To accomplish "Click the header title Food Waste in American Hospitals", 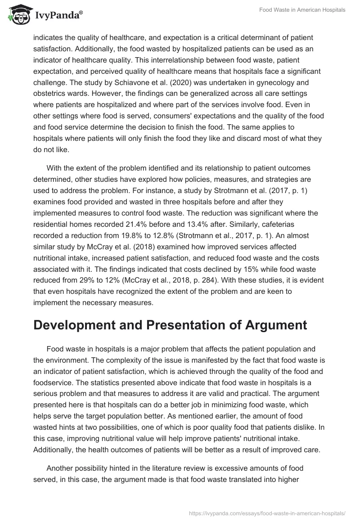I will pyautogui.click(x=302, y=10).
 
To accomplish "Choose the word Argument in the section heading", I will pyautogui.click(x=271, y=325).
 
